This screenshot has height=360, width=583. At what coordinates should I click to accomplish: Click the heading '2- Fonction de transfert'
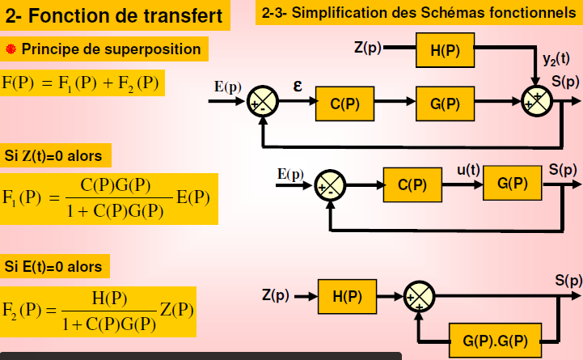tap(116, 15)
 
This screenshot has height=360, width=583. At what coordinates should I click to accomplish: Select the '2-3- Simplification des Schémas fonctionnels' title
tap(419, 14)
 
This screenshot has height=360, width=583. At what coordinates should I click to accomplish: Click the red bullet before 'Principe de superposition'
tap(11, 49)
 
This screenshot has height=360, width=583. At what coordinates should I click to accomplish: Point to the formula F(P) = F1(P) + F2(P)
tap(81, 83)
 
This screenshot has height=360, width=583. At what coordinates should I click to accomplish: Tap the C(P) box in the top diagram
tap(345, 103)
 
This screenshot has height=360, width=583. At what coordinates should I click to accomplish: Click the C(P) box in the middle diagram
tap(413, 184)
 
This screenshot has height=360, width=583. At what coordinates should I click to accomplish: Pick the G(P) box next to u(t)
tap(513, 184)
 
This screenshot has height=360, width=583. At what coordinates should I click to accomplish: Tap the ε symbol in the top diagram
tap(298, 83)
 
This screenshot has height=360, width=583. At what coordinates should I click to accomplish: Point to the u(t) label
tap(468, 170)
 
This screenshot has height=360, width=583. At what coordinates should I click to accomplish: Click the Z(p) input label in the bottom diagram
tap(276, 295)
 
